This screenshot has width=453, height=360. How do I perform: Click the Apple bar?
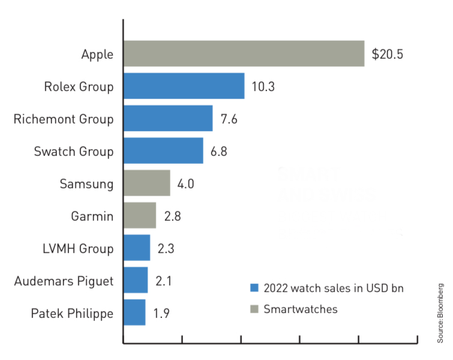click(x=244, y=53)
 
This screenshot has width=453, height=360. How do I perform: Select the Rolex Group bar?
click(x=184, y=86)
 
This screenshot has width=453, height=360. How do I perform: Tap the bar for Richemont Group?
click(x=168, y=118)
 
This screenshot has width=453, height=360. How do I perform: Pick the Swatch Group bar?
click(x=163, y=151)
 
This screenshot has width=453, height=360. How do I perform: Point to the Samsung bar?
click(x=146, y=183)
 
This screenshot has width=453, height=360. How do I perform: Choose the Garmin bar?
click(x=140, y=215)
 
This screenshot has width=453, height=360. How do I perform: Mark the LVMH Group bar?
click(x=137, y=248)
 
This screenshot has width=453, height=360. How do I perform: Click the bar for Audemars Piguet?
click(x=136, y=280)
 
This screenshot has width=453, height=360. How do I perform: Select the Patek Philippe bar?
click(x=134, y=313)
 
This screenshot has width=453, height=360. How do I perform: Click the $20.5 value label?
click(x=388, y=54)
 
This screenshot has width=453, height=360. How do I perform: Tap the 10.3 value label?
click(x=263, y=86)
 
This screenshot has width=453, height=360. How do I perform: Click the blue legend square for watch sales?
click(x=254, y=288)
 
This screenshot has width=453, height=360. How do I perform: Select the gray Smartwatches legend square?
click(x=254, y=310)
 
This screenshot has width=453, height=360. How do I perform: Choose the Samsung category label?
click(x=86, y=184)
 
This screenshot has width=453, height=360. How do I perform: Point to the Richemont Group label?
click(x=64, y=119)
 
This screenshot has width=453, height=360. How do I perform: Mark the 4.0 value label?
click(x=186, y=184)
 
